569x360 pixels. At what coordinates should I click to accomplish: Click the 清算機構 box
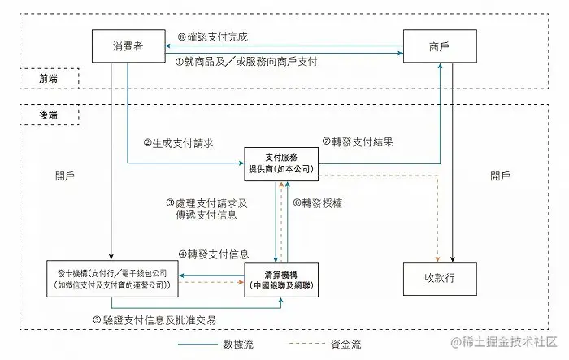pos(280,279)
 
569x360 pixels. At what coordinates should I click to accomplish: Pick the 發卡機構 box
pos(112,279)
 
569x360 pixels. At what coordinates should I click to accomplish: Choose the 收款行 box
pos(440,278)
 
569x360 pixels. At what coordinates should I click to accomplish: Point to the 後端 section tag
pos(48,116)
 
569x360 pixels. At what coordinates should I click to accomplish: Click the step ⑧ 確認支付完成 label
pos(212,37)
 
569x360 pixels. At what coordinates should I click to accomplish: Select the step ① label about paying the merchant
pos(246,62)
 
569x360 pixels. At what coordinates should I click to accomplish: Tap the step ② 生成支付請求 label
pos(178,142)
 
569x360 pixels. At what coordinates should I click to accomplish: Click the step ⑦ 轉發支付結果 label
pos(358,141)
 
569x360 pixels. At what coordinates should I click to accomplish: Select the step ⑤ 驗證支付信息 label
pos(154,319)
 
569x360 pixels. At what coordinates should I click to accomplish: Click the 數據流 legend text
pos(238,345)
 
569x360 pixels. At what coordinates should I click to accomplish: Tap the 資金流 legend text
pos(345,345)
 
